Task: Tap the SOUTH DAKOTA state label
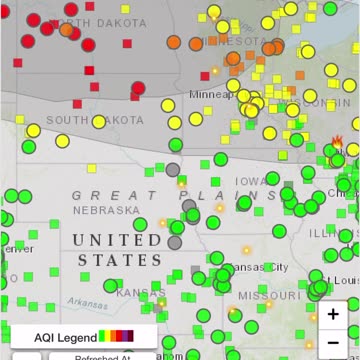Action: [94, 120]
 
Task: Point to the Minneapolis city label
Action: [214, 94]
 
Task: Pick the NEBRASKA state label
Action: [106, 210]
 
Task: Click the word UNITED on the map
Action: [117, 240]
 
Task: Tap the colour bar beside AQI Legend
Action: [116, 336]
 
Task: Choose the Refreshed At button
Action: [99, 356]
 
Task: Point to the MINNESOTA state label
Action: [232, 41]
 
